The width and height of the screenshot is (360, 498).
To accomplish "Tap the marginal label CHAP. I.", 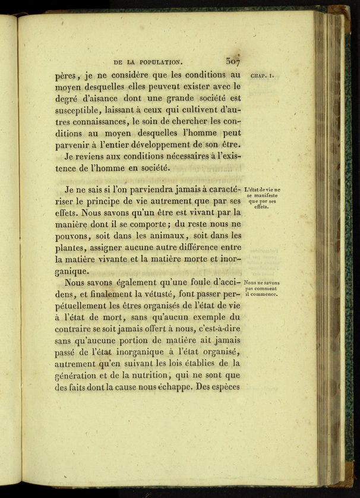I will pyautogui.click(x=263, y=76).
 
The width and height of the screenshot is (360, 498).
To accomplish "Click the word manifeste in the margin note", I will pyautogui.click(x=261, y=195).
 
